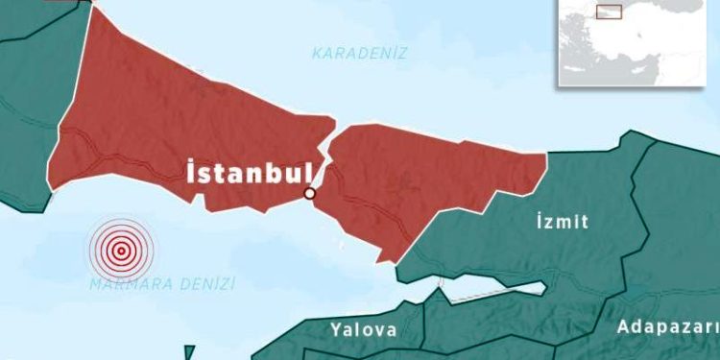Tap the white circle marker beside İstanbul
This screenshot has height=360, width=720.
tap(309, 194)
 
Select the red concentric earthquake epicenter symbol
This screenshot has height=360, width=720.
tap(121, 251)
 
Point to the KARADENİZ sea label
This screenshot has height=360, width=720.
tap(360, 54)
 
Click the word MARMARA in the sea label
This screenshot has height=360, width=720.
tap(129, 285)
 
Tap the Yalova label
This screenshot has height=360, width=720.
tap(364, 330)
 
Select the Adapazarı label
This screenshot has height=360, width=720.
tap(665, 326)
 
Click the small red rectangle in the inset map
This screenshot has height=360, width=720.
tap(609, 12)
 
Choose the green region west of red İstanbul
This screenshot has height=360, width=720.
tap(24, 115)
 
